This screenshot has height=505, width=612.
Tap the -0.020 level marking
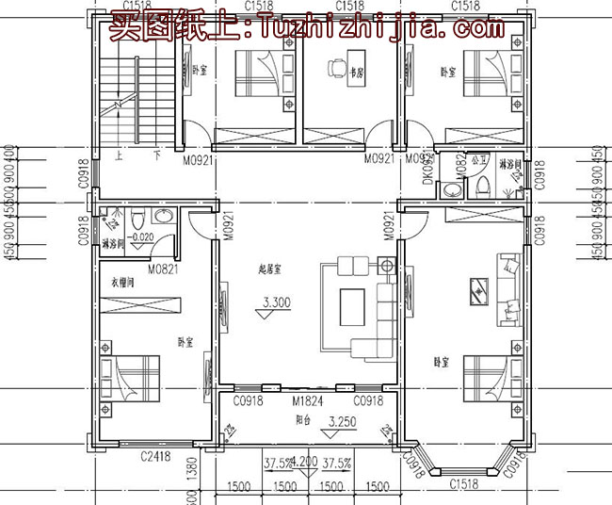pos(140,237)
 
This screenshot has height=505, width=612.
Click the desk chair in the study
pos(334,67)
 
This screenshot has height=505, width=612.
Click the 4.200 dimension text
pos(305,463)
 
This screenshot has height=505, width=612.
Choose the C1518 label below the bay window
pos(463,484)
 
